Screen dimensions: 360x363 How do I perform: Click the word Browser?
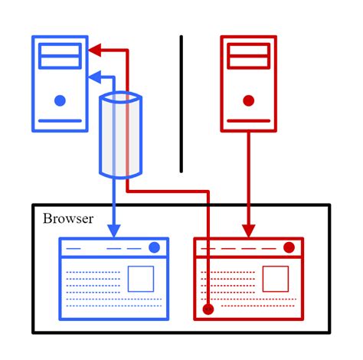point(68,219)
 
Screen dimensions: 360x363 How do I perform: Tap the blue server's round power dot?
point(60,100)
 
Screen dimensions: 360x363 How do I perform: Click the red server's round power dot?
point(248,100)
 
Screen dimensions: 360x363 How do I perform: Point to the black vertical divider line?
point(181,103)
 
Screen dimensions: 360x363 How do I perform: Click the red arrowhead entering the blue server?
point(93,51)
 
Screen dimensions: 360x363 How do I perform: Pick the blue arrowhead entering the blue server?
point(93,76)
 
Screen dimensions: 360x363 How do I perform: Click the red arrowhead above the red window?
point(248,229)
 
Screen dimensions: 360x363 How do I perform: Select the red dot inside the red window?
point(208,309)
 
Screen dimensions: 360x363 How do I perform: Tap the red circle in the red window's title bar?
point(289,247)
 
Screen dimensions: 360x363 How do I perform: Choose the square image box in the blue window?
point(141,279)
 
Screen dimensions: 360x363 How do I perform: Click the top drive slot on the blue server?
point(60,50)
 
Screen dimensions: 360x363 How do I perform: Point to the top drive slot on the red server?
point(248,50)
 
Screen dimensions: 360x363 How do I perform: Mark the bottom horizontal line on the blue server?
point(60,120)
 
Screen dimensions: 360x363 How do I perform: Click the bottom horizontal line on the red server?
point(248,120)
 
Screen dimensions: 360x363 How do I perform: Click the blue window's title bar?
point(107,248)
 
